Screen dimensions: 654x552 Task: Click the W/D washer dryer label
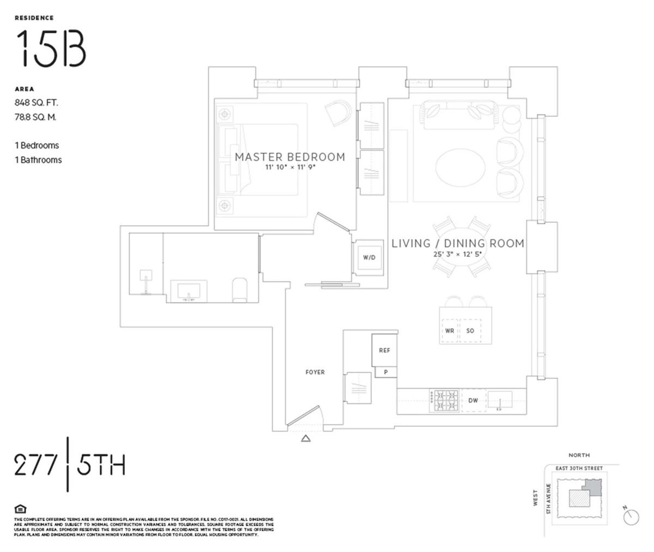coord(369,257)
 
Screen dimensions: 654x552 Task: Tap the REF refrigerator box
coord(384,350)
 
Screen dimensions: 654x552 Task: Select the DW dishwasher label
coord(473,400)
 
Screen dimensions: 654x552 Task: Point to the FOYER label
coord(315,372)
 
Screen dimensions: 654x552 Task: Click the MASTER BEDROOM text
coord(290,157)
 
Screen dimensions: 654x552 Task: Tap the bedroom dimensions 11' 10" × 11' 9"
coord(291,167)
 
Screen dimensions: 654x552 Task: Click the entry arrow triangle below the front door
coord(306,439)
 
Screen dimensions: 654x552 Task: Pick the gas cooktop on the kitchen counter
coord(443,400)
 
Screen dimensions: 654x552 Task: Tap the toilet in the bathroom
coord(240,290)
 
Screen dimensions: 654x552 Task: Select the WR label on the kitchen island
coord(449,331)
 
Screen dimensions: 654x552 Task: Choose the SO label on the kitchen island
coord(470,331)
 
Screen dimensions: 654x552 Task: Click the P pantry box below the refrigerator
coord(386,372)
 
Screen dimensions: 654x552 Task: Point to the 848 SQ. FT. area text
coord(36,102)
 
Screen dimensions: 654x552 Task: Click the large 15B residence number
coord(51,48)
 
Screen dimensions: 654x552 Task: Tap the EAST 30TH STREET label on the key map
coord(579,468)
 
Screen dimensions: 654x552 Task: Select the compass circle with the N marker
coord(631,518)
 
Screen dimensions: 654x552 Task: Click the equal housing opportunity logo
coord(20,509)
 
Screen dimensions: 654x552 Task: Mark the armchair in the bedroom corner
coord(338,112)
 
